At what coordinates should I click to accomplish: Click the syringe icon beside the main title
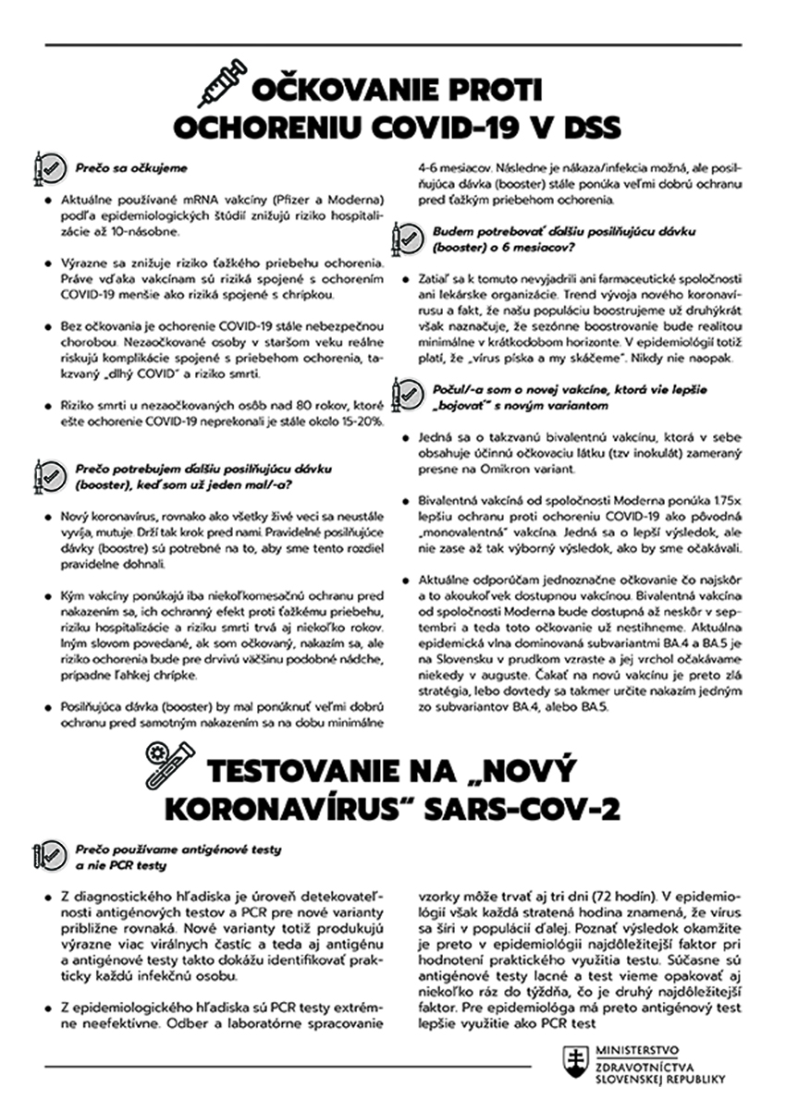(221, 83)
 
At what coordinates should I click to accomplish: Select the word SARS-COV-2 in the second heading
(534, 807)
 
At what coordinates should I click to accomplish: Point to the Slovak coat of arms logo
(579, 1063)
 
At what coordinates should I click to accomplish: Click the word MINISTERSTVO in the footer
(638, 1050)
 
